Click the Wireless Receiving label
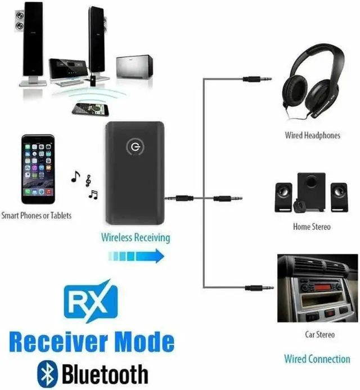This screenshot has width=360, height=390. (135, 237)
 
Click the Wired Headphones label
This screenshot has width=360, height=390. (312, 135)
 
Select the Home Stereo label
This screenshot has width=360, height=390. (312, 227)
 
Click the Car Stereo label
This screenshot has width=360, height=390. (319, 335)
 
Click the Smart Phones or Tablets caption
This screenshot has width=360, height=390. (37, 215)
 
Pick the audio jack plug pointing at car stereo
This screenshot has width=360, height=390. (259, 288)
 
